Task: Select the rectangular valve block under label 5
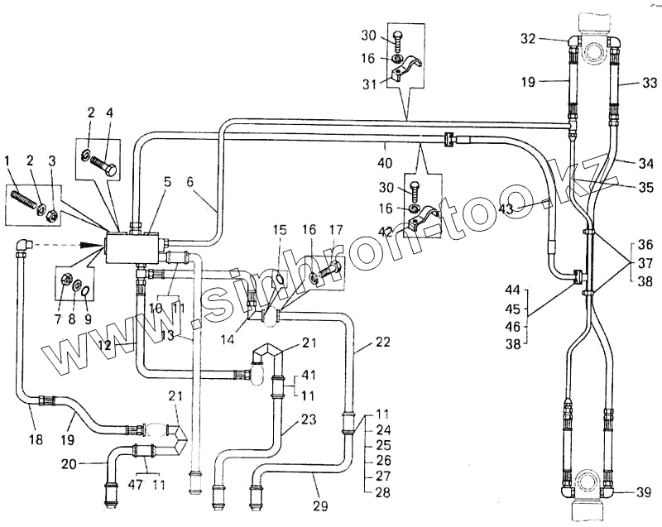(132, 245)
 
